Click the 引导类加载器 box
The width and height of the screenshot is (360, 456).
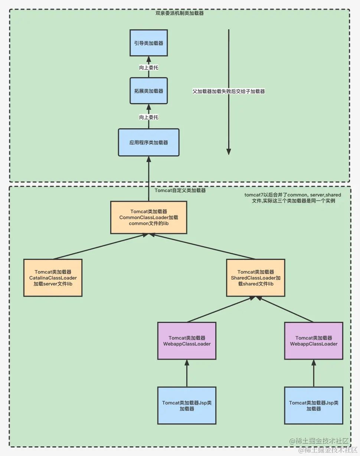148,43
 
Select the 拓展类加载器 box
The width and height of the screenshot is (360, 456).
148,91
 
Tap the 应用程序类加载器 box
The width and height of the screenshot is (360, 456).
148,142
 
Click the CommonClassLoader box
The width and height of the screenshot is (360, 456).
148,218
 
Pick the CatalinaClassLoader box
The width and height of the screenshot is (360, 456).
53,278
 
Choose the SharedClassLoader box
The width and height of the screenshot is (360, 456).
256,278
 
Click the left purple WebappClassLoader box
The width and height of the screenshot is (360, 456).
187,341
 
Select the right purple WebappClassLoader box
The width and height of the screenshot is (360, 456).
314,341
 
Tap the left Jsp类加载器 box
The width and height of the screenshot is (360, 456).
187,406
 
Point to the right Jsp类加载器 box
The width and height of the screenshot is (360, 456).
314,406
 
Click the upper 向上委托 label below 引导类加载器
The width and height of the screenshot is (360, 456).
148,67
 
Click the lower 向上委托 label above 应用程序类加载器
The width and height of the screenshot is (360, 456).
148,117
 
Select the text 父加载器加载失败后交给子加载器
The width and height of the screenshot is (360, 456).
229,91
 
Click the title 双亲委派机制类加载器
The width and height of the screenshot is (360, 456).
179,13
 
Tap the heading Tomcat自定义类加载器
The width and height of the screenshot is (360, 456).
180,191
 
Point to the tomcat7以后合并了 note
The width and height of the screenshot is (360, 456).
292,198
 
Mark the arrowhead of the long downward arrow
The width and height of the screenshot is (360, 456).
229,151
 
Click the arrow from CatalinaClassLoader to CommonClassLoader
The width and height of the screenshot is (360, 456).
100,247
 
